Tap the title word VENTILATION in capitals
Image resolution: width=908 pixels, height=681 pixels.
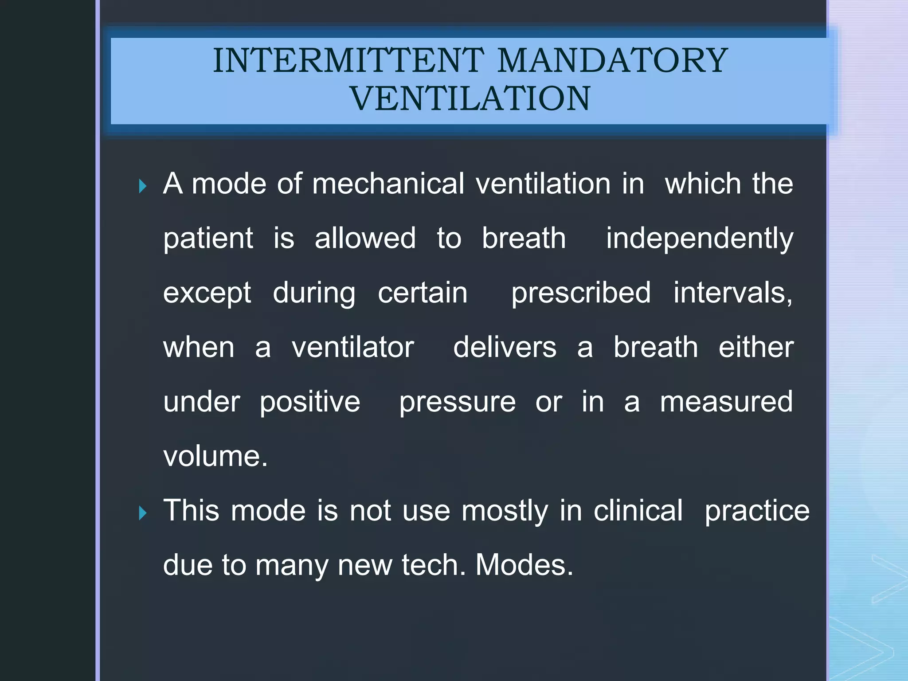pos(470,98)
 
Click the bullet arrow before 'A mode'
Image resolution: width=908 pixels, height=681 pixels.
pos(142,186)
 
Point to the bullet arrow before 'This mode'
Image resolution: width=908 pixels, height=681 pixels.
pos(142,513)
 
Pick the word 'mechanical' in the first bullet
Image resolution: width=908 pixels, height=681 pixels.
pos(388,184)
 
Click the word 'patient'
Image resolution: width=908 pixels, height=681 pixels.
pos(208,239)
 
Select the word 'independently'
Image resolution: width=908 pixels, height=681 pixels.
pos(699,239)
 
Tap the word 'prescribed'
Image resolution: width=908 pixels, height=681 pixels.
pos(581,293)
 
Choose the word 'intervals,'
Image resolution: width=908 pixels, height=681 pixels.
pos(733,293)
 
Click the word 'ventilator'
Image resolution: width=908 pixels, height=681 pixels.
pos(352,347)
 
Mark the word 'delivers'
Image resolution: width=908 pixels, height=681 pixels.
pos(505,347)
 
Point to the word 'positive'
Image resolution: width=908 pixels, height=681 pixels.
pos(310,402)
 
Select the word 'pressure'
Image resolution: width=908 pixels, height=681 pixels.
pos(458,402)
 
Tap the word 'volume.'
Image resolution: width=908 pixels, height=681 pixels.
pos(215,456)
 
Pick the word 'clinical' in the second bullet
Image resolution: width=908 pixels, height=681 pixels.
pos(638,511)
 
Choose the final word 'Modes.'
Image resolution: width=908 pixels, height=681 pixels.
pos(524,565)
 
